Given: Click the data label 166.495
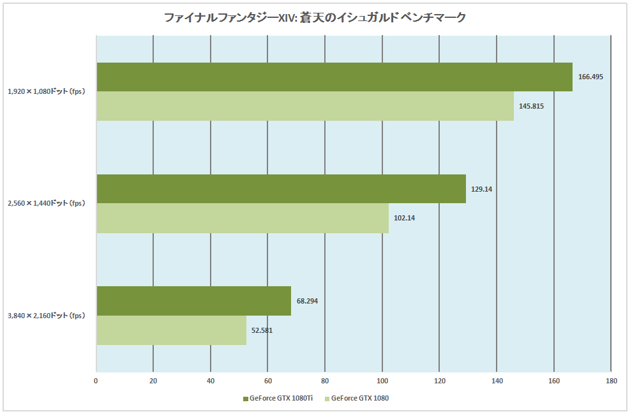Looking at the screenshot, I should [590, 77].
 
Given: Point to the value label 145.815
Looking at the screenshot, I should [531, 106].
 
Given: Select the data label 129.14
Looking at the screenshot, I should [482, 188].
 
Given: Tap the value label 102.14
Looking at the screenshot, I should [405, 218].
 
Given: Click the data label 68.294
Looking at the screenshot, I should [307, 300].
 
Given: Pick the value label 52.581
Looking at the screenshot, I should [262, 330].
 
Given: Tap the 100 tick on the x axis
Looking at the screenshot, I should [382, 381].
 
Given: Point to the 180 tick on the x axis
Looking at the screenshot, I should [611, 381].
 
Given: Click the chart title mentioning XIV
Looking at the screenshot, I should [315, 18].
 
